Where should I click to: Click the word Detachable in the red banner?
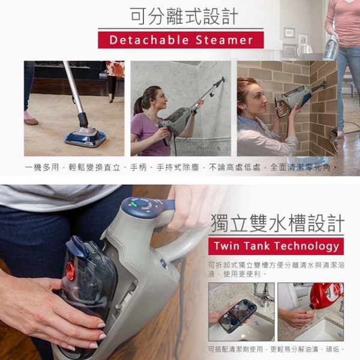[149, 40]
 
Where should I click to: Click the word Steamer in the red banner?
[224, 40]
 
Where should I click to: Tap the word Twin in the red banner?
[227, 246]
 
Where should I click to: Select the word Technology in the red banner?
[307, 247]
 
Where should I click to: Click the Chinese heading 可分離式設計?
[184, 16]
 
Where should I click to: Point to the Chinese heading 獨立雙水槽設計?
[277, 223]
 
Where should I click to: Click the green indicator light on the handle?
[134, 203]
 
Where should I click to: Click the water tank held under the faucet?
[238, 312]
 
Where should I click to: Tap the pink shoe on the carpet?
[31, 118]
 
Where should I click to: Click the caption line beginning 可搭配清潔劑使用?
[276, 349]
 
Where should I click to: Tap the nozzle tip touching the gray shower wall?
[222, 79]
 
